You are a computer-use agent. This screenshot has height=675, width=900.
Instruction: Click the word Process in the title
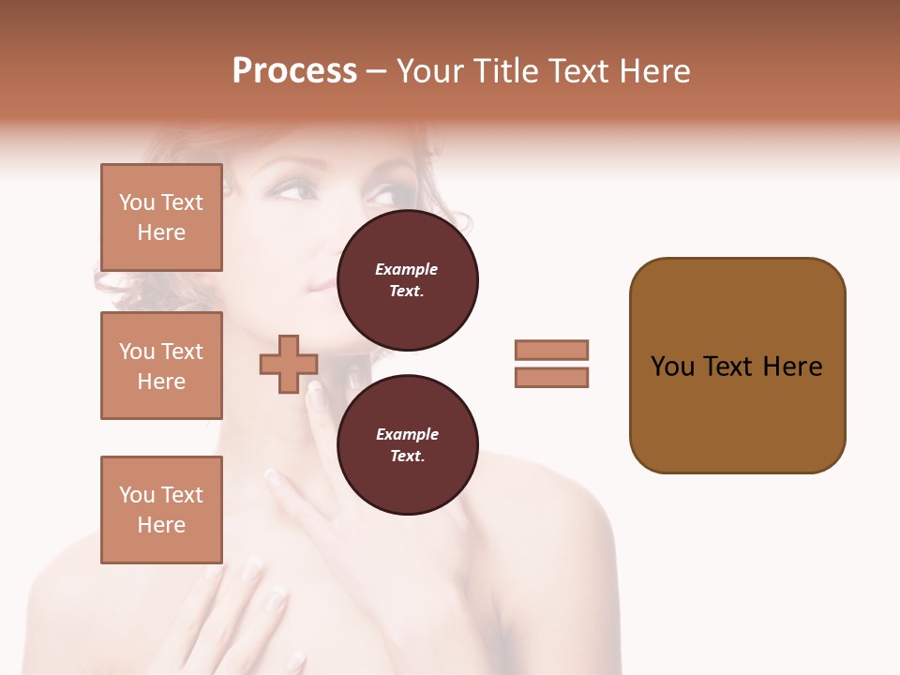294,71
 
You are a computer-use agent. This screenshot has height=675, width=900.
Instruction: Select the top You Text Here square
161,217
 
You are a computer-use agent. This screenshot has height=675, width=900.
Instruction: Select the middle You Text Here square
161,366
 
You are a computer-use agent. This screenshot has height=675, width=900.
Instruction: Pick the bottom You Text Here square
161,510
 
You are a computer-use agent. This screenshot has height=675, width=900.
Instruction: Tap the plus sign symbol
289,364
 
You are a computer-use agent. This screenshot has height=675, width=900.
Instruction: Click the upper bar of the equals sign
551,350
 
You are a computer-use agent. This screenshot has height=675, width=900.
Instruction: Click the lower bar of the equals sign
551,377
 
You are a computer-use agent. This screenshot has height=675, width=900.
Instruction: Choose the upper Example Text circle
407,280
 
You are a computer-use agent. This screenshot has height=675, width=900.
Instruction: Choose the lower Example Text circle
407,444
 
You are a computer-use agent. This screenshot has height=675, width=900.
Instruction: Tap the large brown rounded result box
737,366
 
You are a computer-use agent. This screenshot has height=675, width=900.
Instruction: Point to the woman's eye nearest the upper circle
381,197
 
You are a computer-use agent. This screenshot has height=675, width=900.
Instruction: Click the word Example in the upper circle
407,269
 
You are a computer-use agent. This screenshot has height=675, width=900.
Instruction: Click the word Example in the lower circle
407,434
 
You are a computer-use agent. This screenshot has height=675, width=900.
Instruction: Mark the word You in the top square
137,202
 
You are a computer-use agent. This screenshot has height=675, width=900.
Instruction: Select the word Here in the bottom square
161,525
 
